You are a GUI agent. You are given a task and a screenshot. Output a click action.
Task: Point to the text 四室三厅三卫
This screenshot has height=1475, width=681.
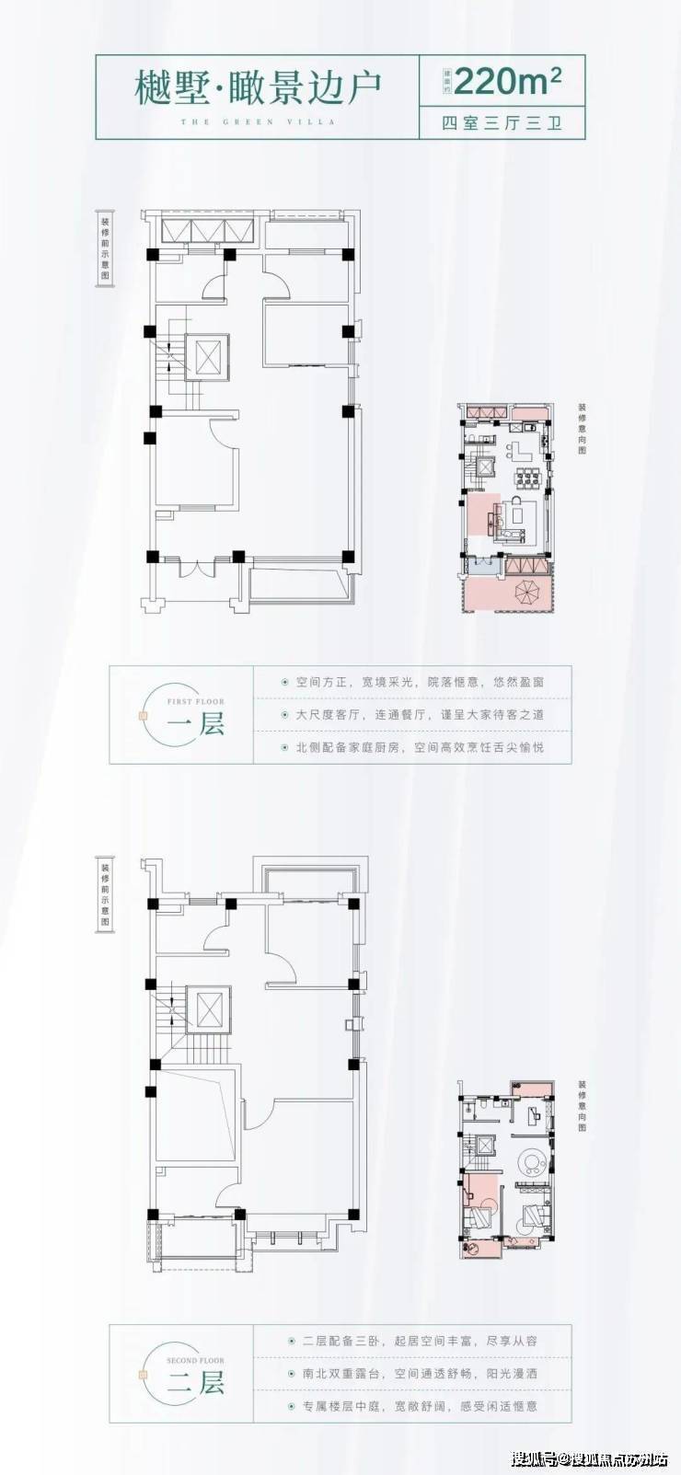point(502,124)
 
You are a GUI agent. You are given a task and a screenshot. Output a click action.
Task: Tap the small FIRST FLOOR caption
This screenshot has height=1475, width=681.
point(196,701)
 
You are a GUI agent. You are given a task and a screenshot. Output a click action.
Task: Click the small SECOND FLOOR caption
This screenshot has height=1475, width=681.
point(196,1360)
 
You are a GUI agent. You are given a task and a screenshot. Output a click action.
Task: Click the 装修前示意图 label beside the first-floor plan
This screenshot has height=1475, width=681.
point(106,250)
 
